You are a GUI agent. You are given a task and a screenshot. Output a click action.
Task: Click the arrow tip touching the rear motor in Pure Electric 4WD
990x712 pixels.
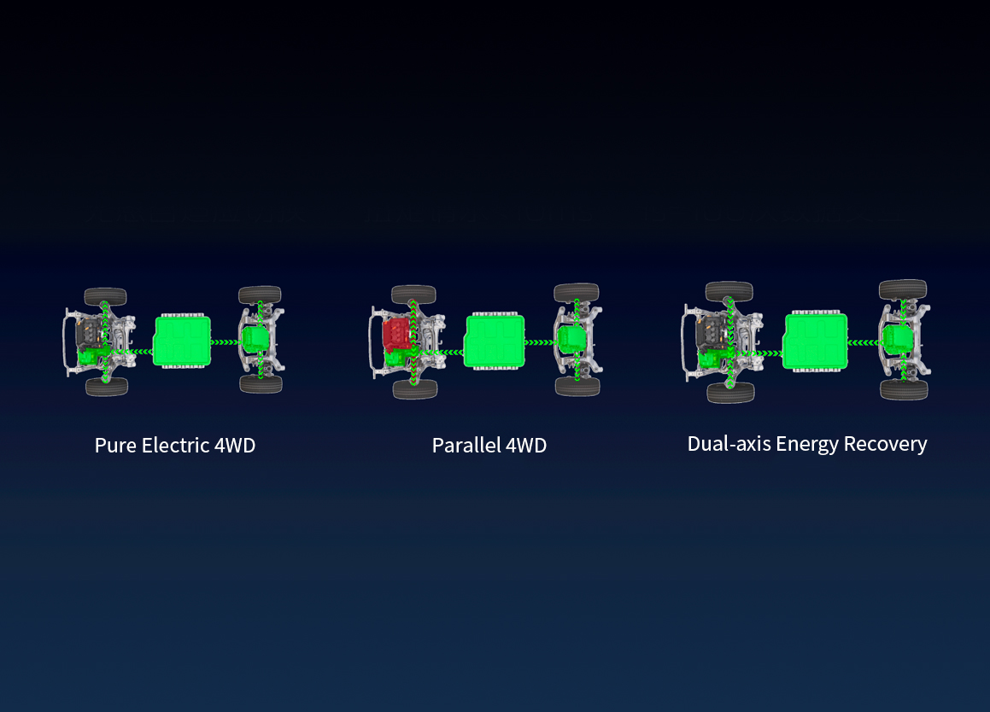[x=238, y=342]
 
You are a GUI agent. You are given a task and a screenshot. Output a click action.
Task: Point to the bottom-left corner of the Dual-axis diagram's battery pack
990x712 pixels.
[x=783, y=369]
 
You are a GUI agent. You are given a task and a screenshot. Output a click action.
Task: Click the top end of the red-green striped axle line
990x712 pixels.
[x=413, y=301]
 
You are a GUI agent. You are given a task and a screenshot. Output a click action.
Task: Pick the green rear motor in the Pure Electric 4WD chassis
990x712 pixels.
[x=255, y=339]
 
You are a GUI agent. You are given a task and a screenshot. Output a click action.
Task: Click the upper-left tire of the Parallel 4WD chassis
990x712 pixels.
[x=413, y=295]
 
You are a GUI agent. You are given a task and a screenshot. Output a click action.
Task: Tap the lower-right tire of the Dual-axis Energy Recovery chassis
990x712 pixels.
[x=904, y=389]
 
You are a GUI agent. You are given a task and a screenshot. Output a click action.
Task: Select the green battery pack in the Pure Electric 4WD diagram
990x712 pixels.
[x=183, y=341]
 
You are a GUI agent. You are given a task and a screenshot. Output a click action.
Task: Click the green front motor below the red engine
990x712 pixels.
[x=396, y=359]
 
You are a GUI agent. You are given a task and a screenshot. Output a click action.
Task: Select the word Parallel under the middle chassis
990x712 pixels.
[x=466, y=446]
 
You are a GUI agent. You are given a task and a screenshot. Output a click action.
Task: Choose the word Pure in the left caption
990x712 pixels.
[x=115, y=446]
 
